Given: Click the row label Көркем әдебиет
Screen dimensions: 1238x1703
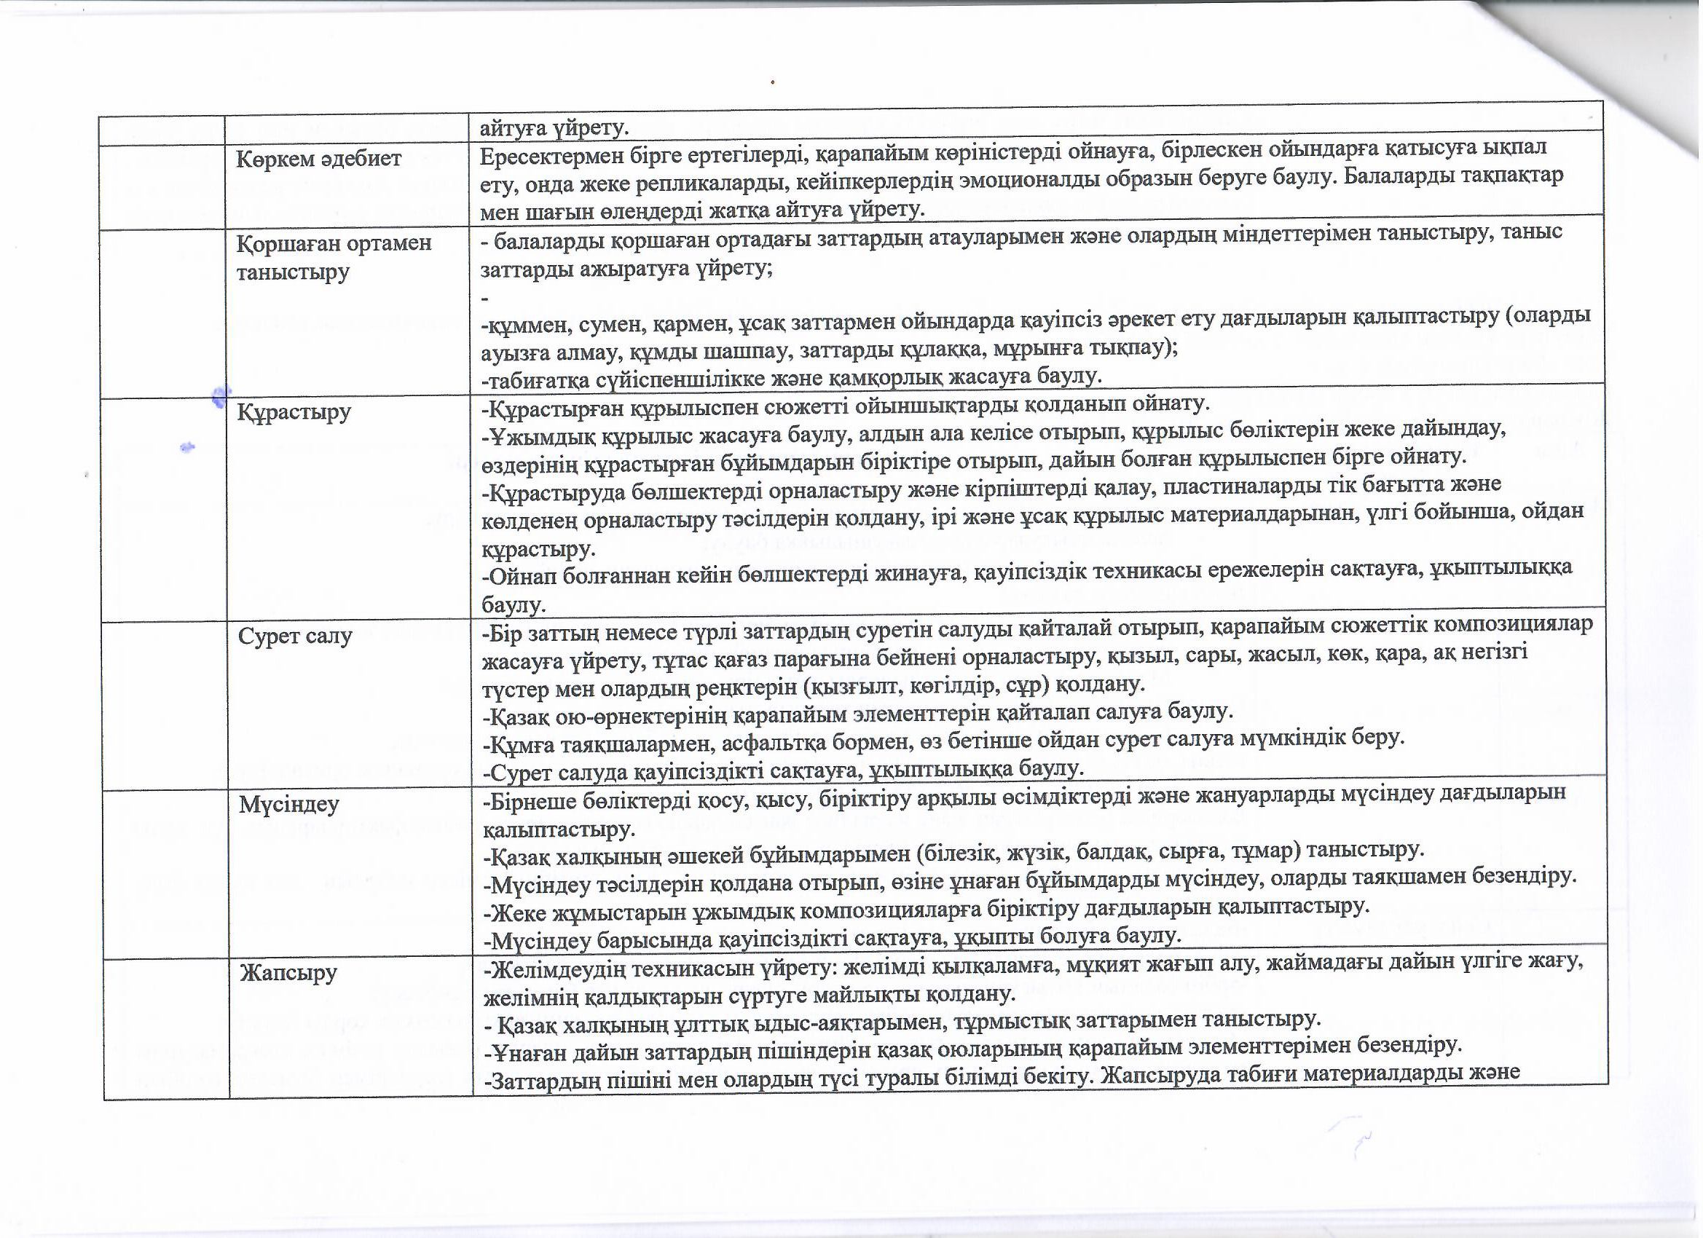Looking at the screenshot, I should pos(319,159).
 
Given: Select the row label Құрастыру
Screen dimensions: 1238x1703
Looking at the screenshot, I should pos(294,413).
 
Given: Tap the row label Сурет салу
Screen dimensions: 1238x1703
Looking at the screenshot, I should pos(295,636).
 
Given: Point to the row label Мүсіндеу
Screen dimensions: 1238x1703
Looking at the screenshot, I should pos(289,804).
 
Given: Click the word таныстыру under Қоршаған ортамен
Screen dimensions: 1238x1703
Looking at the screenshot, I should pos(293,272).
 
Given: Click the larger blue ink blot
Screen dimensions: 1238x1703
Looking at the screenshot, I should pos(220,395).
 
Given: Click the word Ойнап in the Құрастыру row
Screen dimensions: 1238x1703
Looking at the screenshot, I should pos(519,577).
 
